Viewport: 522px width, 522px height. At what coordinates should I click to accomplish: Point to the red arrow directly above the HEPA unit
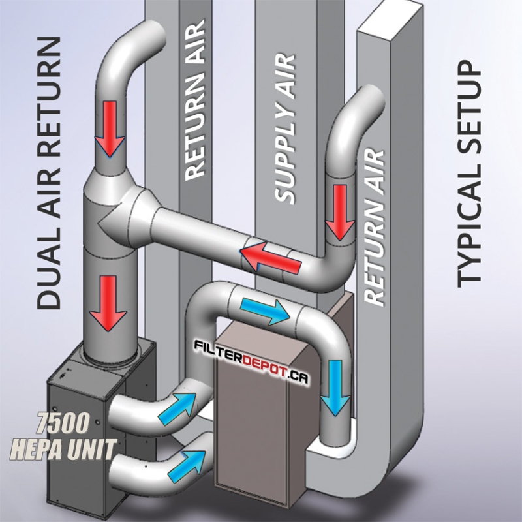[108, 302]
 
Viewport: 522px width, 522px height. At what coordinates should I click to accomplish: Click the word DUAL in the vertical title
[48, 268]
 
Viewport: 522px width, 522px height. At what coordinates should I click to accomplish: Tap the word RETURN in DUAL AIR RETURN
[48, 98]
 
